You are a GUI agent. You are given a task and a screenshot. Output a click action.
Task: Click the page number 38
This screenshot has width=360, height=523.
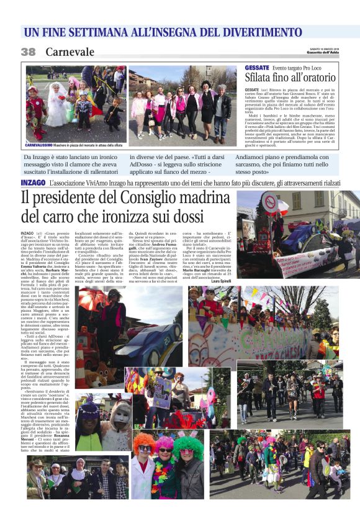pos(29,52)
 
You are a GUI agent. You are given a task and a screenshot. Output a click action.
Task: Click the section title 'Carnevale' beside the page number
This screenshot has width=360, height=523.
pos(70,52)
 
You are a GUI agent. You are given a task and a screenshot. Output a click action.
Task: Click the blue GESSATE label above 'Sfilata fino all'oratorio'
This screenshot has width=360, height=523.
pos(258,67)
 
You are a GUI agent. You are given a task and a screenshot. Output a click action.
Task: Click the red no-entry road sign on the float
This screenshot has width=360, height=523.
pos(270,201)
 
